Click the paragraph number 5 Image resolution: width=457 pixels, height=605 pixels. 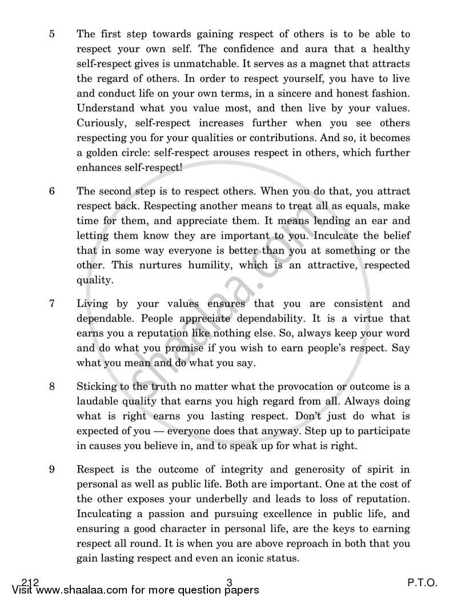[52, 34]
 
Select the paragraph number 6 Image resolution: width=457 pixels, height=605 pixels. [52, 191]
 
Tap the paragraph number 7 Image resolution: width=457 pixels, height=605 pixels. [52, 304]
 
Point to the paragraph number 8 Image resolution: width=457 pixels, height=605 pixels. [52, 387]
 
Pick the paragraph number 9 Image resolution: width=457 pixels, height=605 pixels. [52, 470]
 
